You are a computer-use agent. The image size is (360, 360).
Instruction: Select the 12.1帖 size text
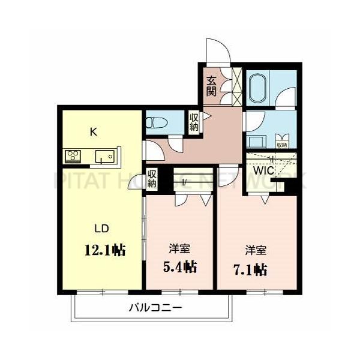(106, 249)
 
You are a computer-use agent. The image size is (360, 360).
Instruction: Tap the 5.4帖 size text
(179, 265)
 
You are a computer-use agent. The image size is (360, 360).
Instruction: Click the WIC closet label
(263, 170)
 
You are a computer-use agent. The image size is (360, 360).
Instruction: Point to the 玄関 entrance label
(211, 86)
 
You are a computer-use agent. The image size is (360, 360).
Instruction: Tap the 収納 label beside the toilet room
(194, 121)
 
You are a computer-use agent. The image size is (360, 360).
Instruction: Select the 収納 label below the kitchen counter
(152, 178)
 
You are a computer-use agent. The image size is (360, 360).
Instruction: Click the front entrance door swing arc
(215, 50)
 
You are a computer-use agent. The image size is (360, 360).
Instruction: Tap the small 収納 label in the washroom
(281, 145)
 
